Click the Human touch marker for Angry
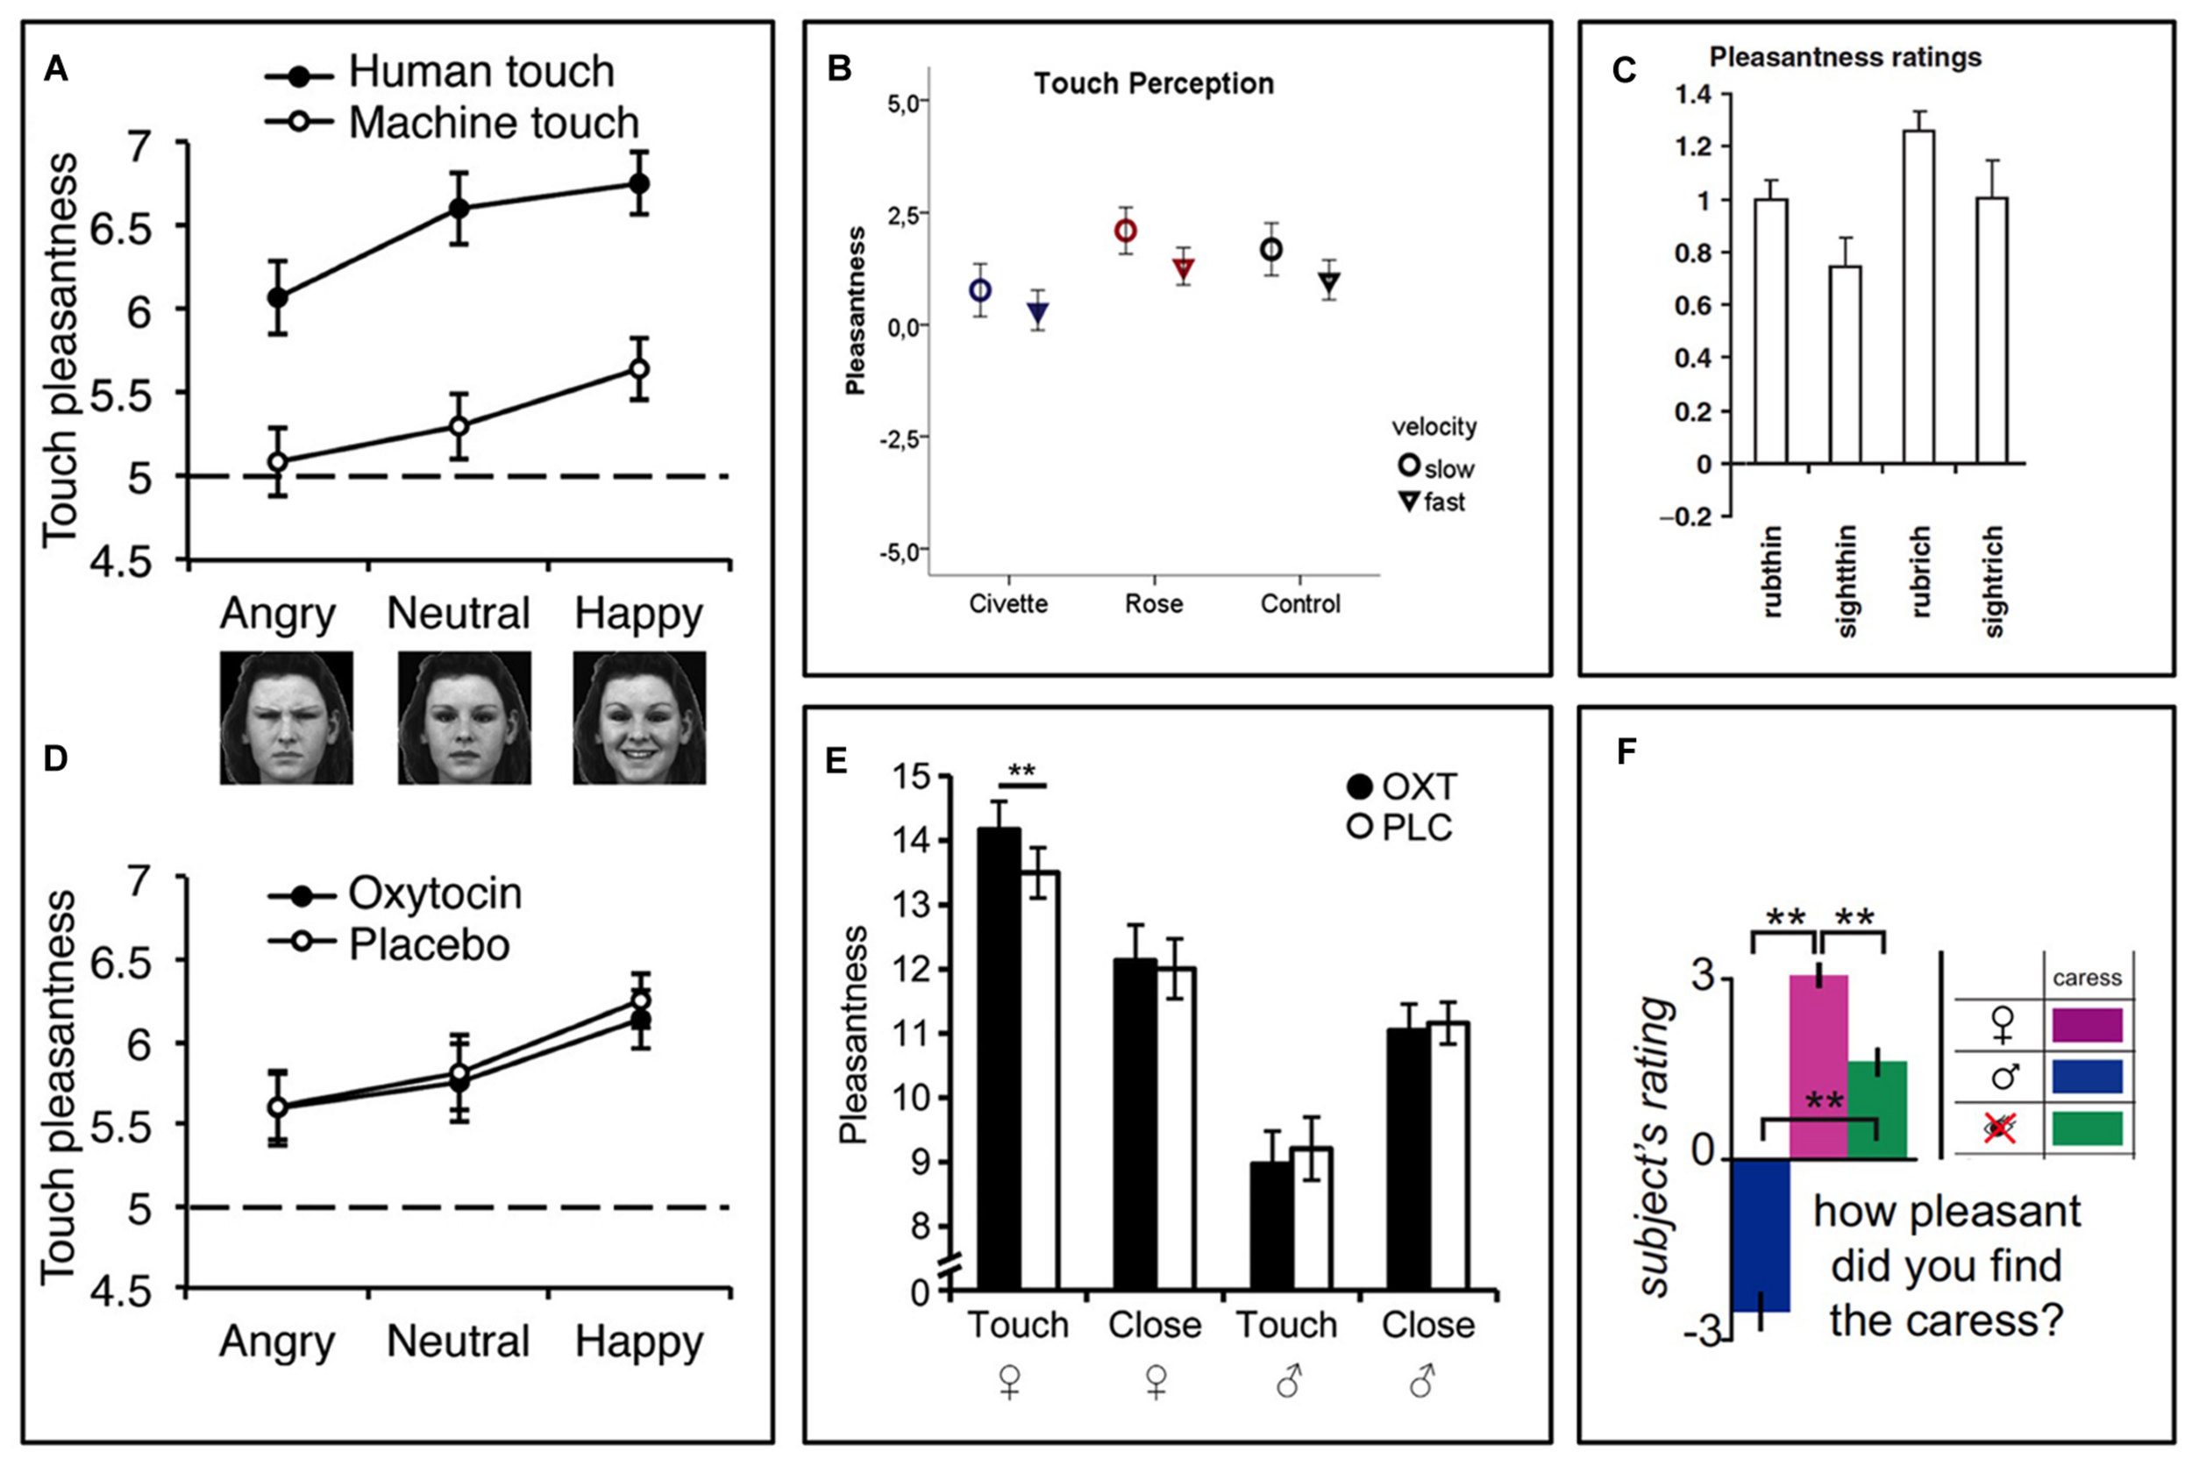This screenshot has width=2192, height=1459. [x=277, y=298]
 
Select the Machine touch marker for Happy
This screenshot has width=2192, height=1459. [x=638, y=368]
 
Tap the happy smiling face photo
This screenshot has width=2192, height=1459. [x=639, y=717]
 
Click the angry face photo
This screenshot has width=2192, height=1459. [x=286, y=717]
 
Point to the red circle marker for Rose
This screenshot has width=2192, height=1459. [x=1126, y=230]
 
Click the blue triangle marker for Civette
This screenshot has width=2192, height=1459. [x=1038, y=312]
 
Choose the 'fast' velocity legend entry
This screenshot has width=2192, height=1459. [x=1433, y=502]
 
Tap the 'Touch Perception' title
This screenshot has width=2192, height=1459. [x=1154, y=84]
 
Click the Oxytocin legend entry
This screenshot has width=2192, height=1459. [x=395, y=894]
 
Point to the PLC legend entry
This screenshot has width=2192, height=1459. [x=1400, y=827]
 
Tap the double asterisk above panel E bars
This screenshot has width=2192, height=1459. [x=1021, y=772]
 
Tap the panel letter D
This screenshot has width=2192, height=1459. [x=56, y=758]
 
